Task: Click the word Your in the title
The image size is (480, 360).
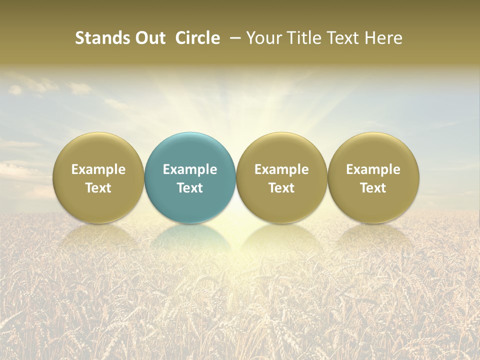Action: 262,38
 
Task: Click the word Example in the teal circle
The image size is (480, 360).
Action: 190,169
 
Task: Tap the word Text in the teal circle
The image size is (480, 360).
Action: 190,188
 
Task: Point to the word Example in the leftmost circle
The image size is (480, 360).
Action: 98,169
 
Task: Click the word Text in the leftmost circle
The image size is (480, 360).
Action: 98,188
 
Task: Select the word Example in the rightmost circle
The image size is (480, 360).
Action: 373,169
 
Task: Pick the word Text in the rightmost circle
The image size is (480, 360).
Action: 373,188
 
